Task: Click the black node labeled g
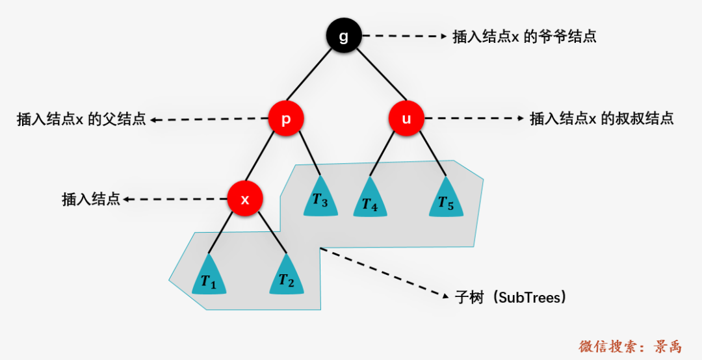point(343,36)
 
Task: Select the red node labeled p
point(286,119)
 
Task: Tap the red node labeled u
point(406,119)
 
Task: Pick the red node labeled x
point(245,199)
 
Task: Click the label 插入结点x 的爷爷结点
point(525,37)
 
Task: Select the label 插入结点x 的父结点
point(81,119)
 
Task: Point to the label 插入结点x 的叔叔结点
point(602,119)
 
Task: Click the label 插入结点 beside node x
point(91,199)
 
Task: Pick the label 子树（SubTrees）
point(510,298)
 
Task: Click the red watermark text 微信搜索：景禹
point(630,346)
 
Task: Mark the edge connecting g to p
point(310,74)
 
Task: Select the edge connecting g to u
point(382,74)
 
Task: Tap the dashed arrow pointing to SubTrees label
point(384,272)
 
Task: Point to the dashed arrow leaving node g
point(405,36)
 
